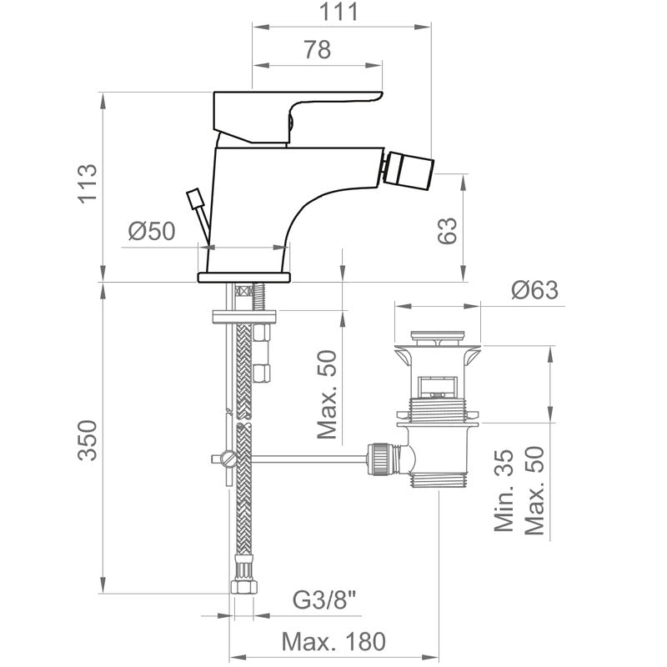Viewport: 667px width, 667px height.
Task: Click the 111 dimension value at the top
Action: [x=339, y=12]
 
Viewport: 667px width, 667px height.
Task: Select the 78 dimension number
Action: [x=318, y=50]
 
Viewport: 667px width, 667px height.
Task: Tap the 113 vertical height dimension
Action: [x=88, y=183]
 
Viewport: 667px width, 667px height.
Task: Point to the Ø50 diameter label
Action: [x=152, y=232]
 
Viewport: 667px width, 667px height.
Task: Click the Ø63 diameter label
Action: [x=534, y=290]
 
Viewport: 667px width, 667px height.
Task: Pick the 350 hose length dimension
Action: [x=88, y=440]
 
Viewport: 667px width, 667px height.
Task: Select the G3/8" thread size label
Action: [x=324, y=600]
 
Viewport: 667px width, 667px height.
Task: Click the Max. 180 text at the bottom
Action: [x=333, y=641]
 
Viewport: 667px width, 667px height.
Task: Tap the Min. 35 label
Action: [x=504, y=490]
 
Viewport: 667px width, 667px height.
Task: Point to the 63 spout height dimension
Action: [x=448, y=231]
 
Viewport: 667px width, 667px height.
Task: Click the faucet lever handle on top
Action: [x=293, y=116]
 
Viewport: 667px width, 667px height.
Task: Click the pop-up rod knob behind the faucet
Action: [x=195, y=198]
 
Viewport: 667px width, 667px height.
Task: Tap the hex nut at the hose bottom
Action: [x=244, y=587]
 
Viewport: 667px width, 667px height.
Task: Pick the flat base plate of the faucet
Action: [x=244, y=278]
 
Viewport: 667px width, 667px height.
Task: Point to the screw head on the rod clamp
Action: [x=230, y=459]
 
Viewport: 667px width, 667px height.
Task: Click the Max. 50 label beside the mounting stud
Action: [x=327, y=394]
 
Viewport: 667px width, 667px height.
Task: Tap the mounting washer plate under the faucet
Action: [x=244, y=318]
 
